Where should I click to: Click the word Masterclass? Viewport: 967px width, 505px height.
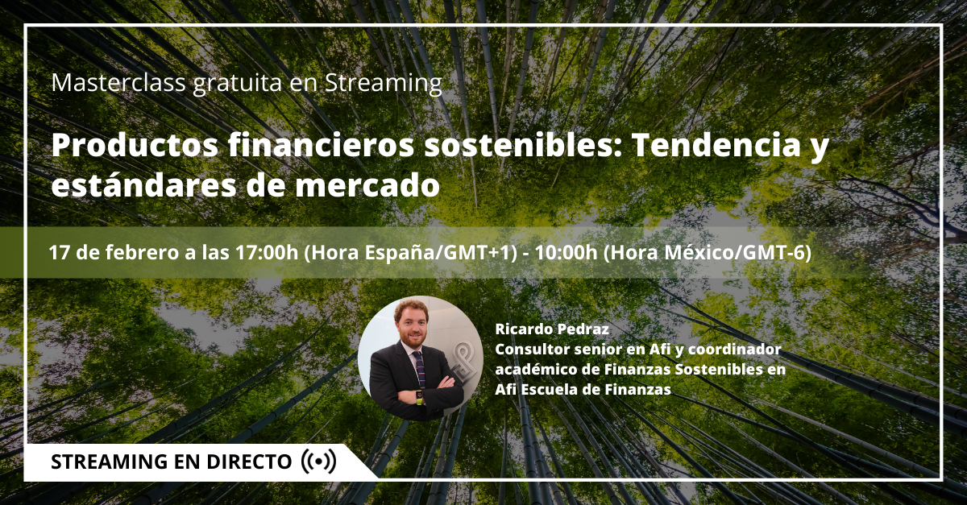[118, 82]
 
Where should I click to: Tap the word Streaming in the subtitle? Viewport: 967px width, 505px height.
[384, 84]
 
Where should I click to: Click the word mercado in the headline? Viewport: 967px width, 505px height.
[367, 184]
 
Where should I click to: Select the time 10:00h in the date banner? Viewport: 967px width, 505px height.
[566, 253]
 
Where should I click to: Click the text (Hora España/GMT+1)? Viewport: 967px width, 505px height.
[410, 254]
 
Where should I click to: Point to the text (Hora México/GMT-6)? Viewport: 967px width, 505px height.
[708, 254]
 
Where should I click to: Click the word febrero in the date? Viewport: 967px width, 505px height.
[142, 253]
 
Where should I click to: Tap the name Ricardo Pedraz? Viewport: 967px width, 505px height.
[552, 329]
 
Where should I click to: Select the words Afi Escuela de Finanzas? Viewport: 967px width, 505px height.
[583, 389]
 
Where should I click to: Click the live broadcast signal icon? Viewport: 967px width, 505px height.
[318, 462]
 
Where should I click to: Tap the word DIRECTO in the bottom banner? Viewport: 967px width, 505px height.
[249, 462]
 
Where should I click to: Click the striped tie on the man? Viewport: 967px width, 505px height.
[419, 370]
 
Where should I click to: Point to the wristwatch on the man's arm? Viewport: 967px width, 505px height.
[418, 396]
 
